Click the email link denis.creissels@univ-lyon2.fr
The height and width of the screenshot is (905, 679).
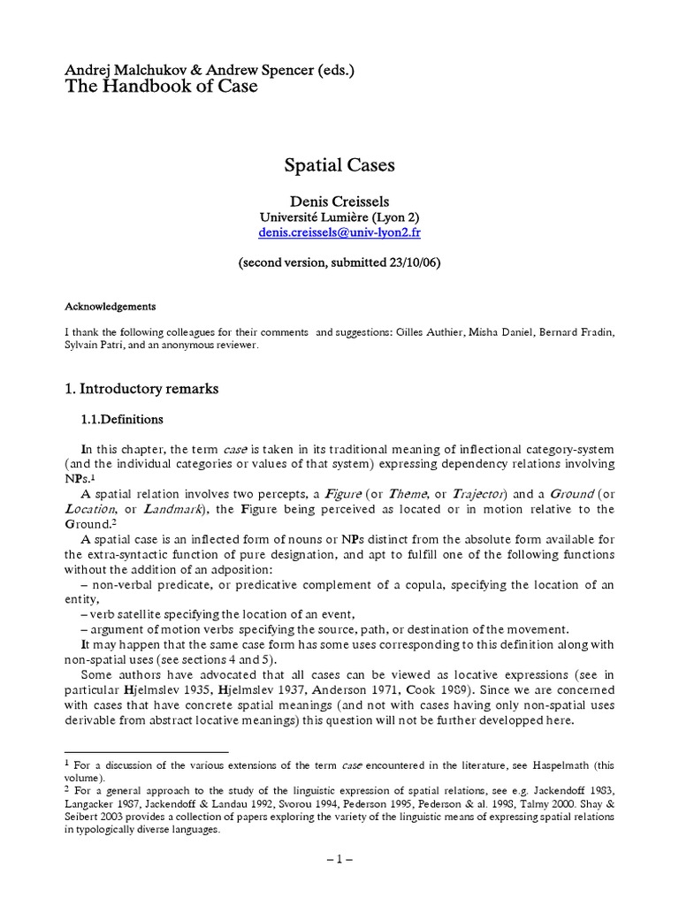point(339,232)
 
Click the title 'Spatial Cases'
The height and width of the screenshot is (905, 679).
point(339,165)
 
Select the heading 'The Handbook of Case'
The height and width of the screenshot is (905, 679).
point(162,87)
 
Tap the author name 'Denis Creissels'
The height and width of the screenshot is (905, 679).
point(339,202)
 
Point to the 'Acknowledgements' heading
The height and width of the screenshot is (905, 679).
point(111,307)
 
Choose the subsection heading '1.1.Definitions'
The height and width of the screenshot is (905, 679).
point(122,419)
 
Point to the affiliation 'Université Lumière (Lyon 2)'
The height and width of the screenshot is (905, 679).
point(339,217)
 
